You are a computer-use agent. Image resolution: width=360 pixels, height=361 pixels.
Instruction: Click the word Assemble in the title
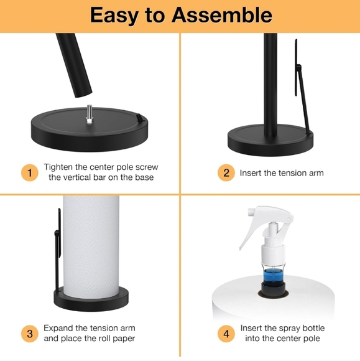coord(222,15)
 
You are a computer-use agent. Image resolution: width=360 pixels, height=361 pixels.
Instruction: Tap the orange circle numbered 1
coord(29,172)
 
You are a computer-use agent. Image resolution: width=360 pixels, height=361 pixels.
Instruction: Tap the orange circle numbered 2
coord(226,172)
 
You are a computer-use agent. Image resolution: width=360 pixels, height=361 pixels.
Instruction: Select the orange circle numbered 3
coord(29,333)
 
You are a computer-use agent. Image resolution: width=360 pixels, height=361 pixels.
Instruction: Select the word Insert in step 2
coord(252,172)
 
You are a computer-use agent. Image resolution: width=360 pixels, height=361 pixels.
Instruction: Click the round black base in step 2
coord(269,138)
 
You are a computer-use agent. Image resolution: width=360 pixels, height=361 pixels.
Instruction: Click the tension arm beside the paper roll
coord(55,249)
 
